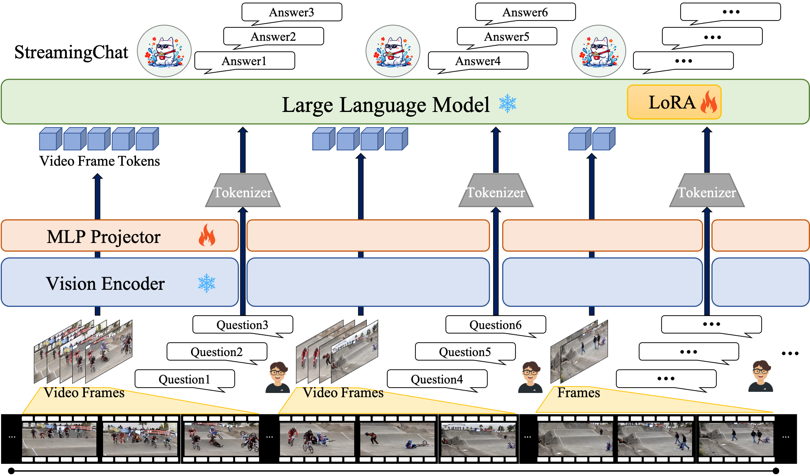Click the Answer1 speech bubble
[x=244, y=61]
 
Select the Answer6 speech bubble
[x=525, y=12]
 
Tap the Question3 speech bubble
[x=242, y=325]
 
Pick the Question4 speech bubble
[x=437, y=379]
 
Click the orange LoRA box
[x=674, y=102]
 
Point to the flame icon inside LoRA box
[x=708, y=102]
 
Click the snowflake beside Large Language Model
[x=508, y=103]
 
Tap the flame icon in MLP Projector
[x=207, y=235]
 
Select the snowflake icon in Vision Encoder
[x=207, y=283]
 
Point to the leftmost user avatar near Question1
[x=277, y=377]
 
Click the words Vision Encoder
[x=105, y=284]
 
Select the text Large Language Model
[x=386, y=105]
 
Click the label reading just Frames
[x=578, y=393]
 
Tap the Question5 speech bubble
[x=465, y=352]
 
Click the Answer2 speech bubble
[x=273, y=37]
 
